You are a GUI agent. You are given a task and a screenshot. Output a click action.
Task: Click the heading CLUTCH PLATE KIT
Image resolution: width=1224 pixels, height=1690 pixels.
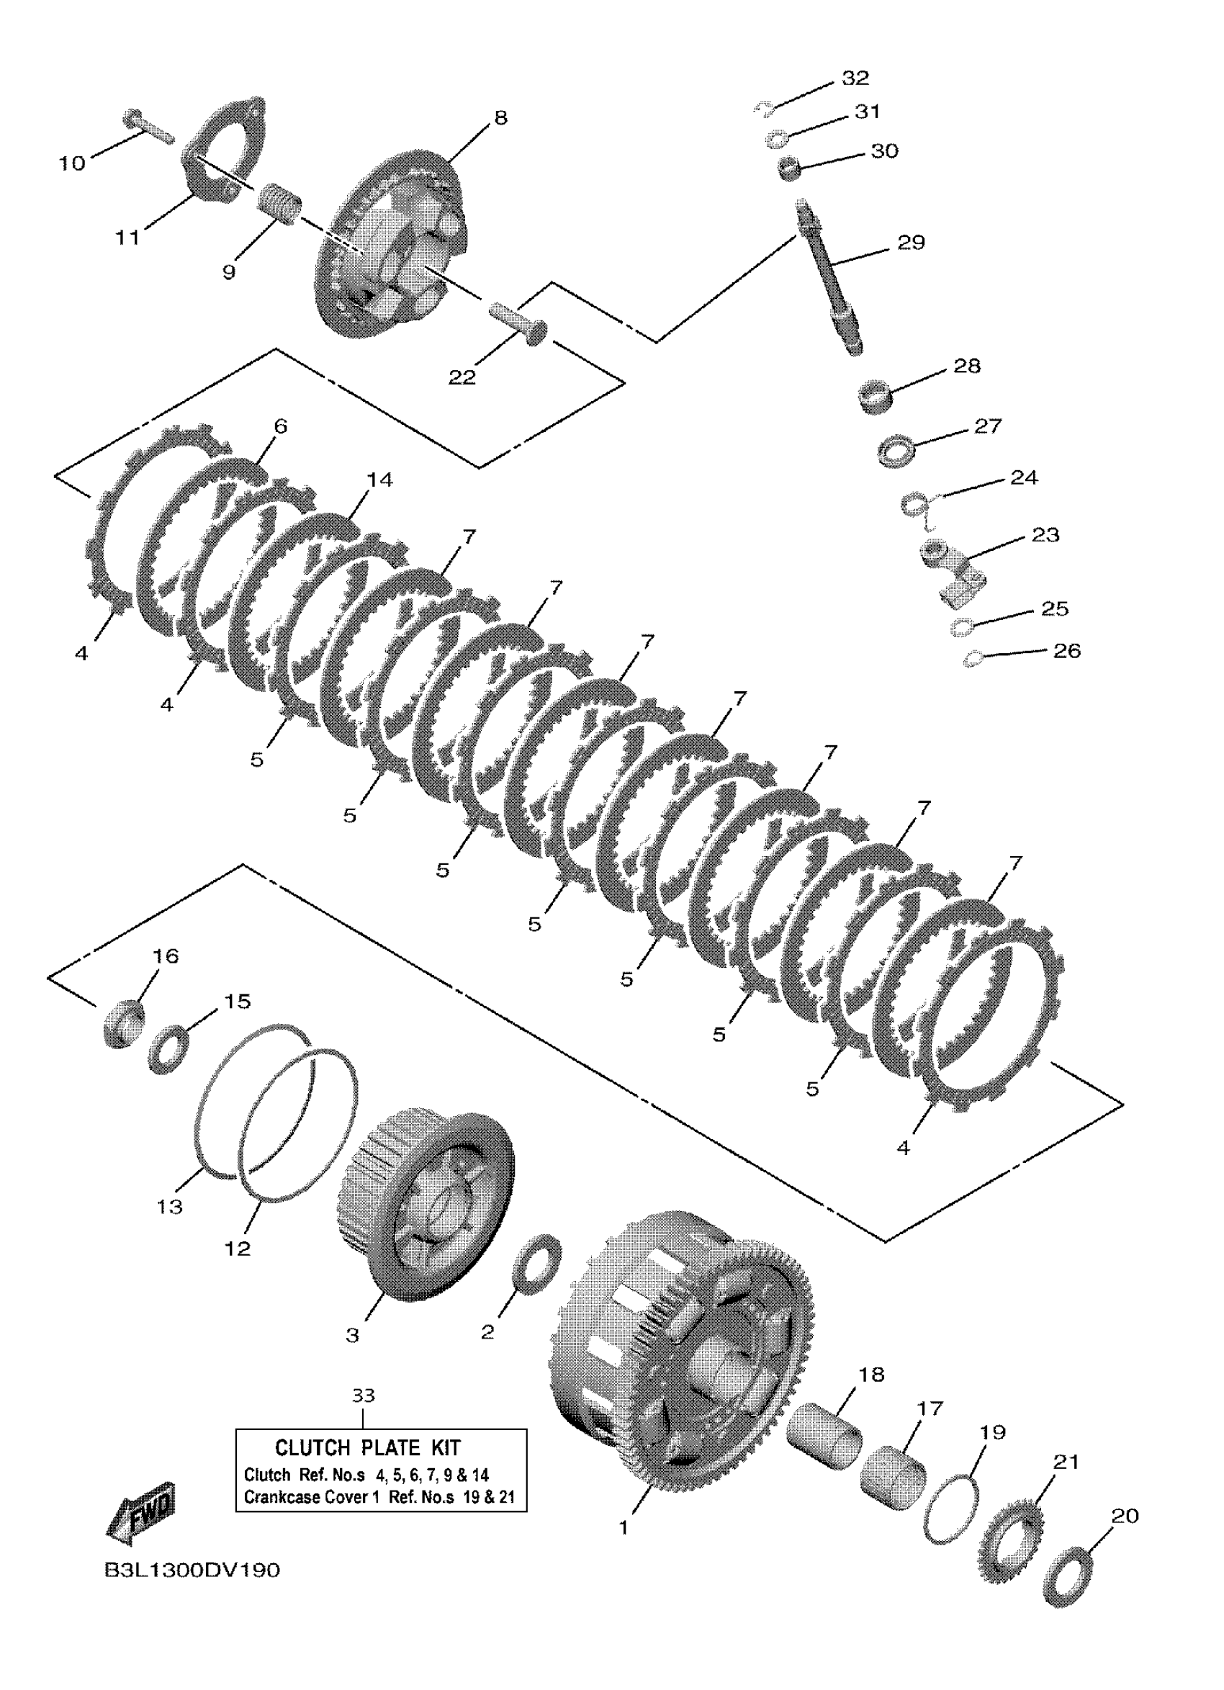367,1448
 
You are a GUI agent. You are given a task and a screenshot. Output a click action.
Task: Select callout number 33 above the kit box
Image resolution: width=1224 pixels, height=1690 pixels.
363,1395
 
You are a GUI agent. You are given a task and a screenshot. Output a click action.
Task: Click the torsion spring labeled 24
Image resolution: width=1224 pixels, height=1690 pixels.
917,504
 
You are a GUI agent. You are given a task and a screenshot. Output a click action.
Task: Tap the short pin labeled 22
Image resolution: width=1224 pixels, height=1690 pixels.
519,321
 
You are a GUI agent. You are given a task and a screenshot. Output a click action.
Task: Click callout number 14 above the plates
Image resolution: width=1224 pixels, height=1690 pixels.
379,480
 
